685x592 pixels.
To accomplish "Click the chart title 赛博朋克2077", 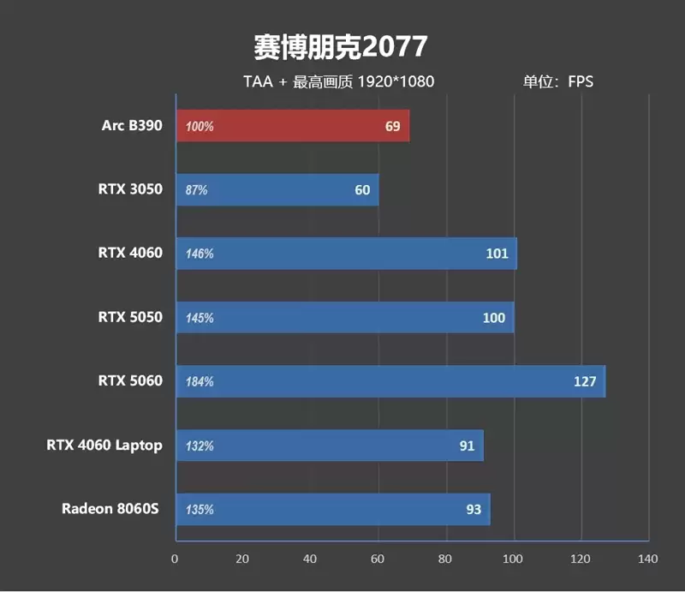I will click(340, 46).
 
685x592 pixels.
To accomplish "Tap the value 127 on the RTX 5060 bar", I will click(585, 381).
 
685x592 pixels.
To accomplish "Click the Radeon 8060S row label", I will click(111, 509).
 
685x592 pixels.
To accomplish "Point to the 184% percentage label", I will click(200, 382).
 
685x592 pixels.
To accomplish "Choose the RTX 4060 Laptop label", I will click(104, 445).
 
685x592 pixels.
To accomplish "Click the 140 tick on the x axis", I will click(648, 559).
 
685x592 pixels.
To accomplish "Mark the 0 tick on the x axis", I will click(176, 559).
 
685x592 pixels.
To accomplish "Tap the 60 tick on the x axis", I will click(378, 559).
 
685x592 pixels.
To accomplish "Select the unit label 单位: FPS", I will click(558, 82).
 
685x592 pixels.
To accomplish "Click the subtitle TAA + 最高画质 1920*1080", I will click(339, 82).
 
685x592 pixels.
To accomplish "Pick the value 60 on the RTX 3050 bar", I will click(362, 190).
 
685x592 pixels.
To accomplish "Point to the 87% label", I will click(196, 190).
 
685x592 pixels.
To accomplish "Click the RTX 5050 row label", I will click(129, 317).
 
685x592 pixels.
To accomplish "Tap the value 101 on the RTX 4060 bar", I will click(497, 254).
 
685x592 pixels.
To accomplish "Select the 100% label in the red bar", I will click(200, 127).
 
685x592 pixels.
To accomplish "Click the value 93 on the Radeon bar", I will click(474, 510).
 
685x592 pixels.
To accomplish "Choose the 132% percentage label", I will click(200, 446).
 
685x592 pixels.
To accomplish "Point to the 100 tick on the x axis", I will click(513, 559).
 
